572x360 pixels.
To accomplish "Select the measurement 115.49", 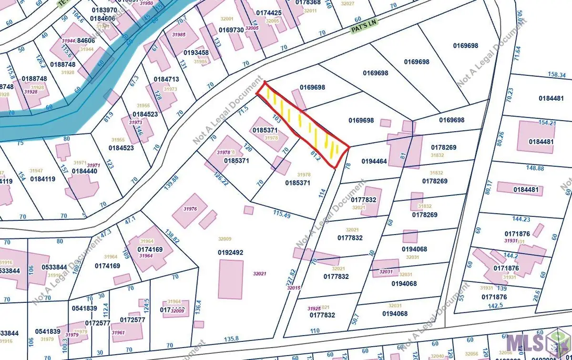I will (x=282, y=214).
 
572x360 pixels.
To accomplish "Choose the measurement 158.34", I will (x=557, y=75).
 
